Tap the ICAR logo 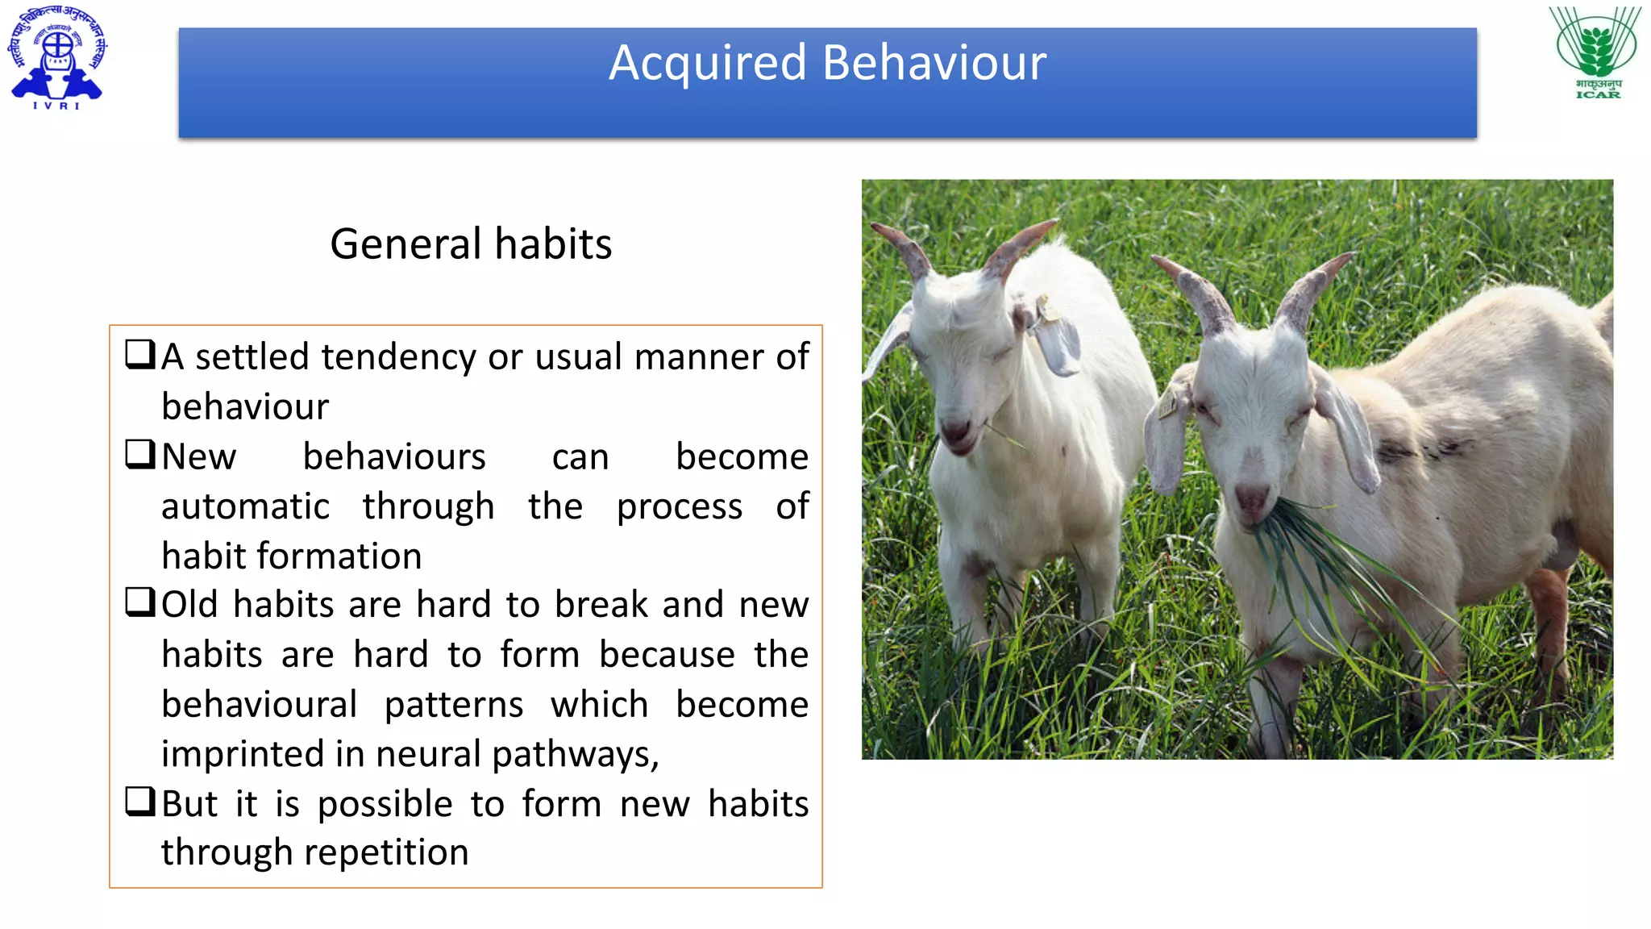(1597, 53)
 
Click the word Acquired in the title (707, 63)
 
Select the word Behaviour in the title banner (934, 63)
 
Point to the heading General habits (471, 244)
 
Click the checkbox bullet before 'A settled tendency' (139, 354)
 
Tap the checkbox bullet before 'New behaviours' (139, 454)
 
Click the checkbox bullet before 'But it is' (139, 802)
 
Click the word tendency (398, 357)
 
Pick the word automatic (245, 506)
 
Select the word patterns (454, 705)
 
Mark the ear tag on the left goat (1048, 310)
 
